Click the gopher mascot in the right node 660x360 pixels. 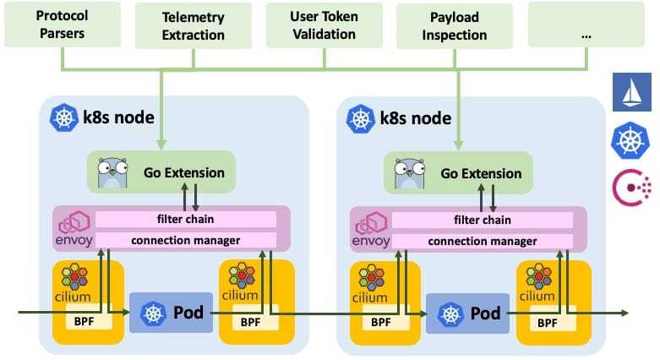(x=409, y=173)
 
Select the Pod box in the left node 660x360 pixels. (x=171, y=312)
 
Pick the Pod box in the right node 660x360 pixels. (x=467, y=312)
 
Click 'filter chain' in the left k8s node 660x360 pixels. (x=186, y=219)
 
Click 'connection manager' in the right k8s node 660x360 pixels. (x=483, y=240)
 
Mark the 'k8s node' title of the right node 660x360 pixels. (x=414, y=118)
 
